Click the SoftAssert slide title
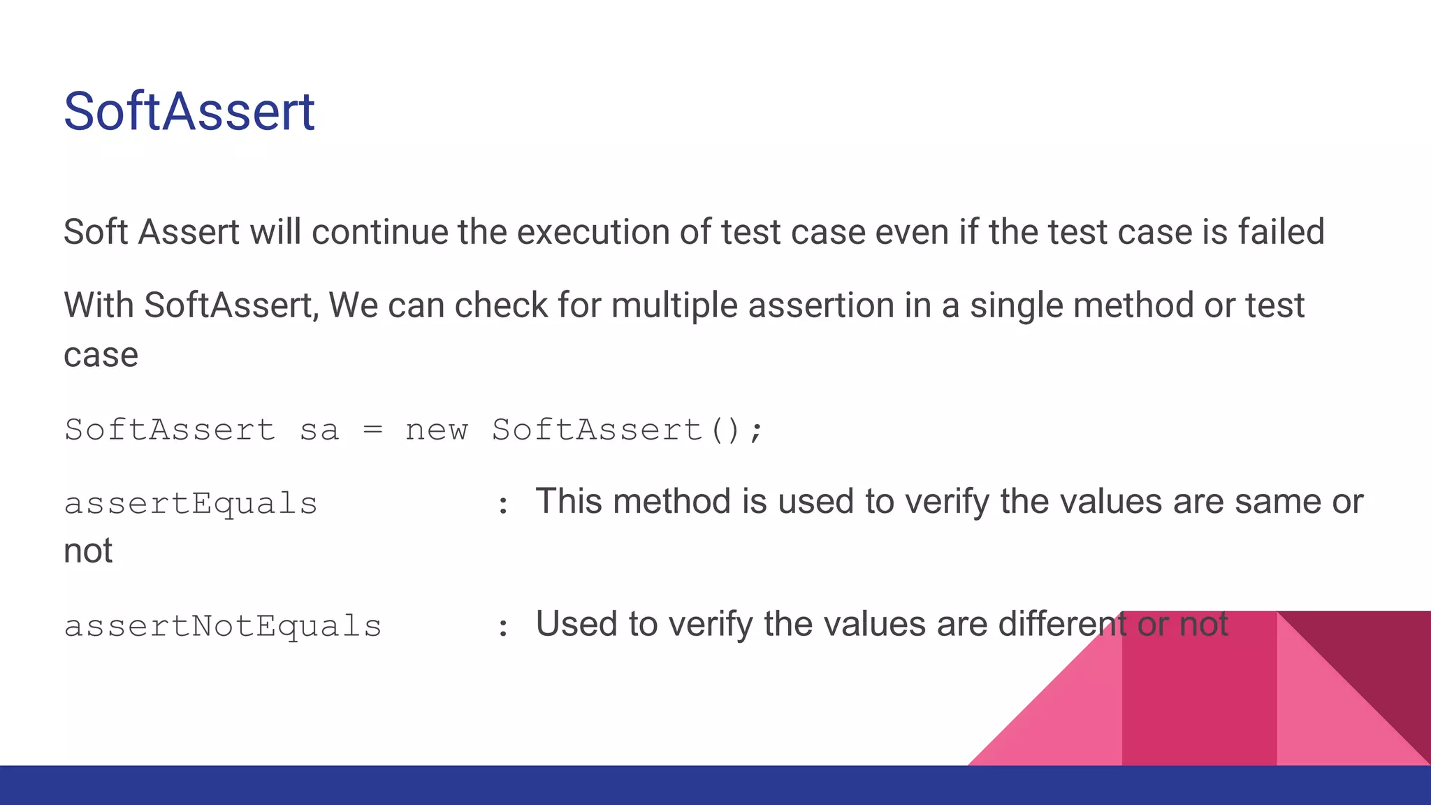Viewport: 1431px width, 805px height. click(x=189, y=112)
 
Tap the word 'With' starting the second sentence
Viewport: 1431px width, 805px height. click(x=99, y=305)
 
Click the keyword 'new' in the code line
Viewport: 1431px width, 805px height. click(x=437, y=430)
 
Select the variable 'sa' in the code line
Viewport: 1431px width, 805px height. click(x=319, y=430)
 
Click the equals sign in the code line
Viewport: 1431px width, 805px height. click(x=373, y=430)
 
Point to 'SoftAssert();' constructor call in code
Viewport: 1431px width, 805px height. click(x=627, y=430)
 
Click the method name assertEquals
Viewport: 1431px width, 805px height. click(x=191, y=504)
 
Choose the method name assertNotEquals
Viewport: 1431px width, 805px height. click(x=223, y=626)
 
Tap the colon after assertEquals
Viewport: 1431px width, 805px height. click(x=502, y=505)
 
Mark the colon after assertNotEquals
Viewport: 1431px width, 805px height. click(x=502, y=628)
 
